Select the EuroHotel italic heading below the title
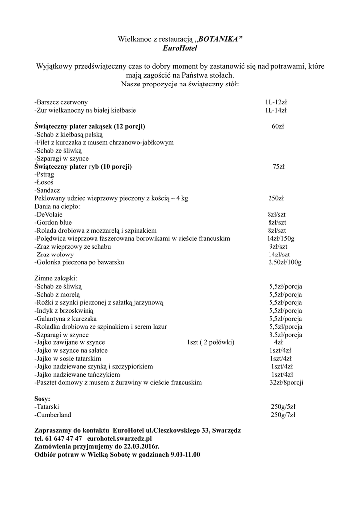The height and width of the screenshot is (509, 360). [180, 48]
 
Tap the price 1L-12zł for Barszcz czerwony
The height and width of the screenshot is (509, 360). [276, 102]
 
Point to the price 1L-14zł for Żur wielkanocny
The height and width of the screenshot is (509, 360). [276, 110]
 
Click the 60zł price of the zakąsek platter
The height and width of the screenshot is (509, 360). [278, 126]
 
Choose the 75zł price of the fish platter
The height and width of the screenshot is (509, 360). [278, 166]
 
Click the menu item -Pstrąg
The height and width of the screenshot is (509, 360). [44, 174]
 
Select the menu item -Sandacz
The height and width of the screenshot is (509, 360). [48, 190]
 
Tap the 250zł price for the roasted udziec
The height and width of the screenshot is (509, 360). [276, 198]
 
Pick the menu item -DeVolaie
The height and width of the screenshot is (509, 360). [49, 214]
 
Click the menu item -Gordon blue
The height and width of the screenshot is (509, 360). [53, 222]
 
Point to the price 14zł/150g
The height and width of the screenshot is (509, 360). [280, 239]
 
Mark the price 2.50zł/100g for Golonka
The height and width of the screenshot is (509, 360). [285, 262]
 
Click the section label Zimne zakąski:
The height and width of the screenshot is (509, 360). [56, 279]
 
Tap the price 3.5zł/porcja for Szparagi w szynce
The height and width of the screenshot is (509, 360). [286, 335]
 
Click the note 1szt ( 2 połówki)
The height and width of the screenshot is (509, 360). [210, 342]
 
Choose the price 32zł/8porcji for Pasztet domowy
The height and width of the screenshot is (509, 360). [286, 382]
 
